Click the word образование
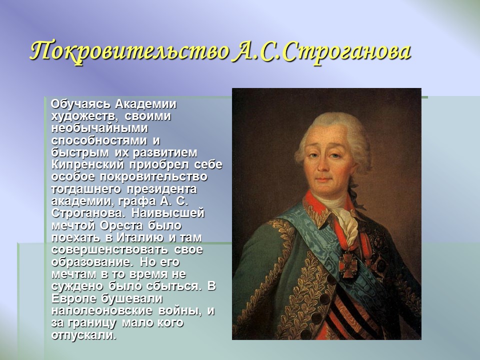click(90, 261)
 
